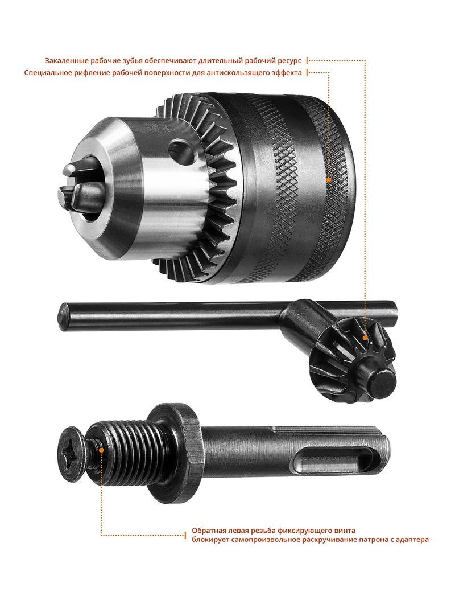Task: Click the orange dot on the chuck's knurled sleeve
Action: (x=329, y=179)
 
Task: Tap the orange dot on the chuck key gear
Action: (x=365, y=337)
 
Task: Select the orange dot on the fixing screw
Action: (x=101, y=449)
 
